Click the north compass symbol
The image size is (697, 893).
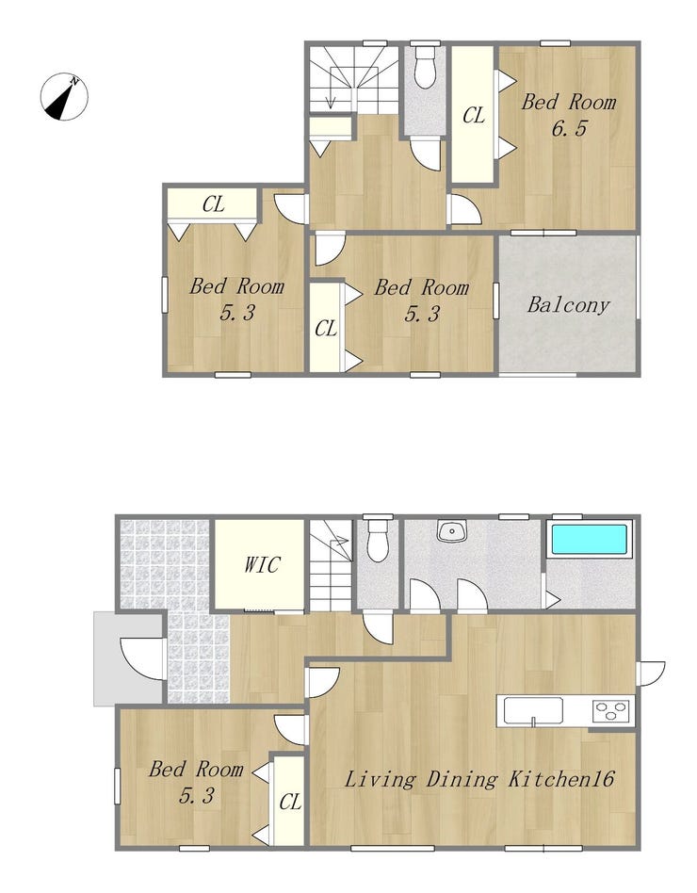64,96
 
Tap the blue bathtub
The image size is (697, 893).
590,538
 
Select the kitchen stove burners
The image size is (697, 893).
612,710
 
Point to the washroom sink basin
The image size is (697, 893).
451,530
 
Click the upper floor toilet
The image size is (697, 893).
424,67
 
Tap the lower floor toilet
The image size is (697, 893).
378,539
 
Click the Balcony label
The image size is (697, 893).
568,304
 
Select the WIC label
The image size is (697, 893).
262,564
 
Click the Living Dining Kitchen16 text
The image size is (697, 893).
479,778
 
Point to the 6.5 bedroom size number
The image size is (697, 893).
569,128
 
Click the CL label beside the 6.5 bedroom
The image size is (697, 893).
474,116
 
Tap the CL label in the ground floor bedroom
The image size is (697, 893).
290,803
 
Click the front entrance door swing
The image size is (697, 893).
143,659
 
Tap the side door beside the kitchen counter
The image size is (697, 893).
651,674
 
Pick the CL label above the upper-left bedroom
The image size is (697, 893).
214,203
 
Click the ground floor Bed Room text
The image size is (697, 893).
197,770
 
